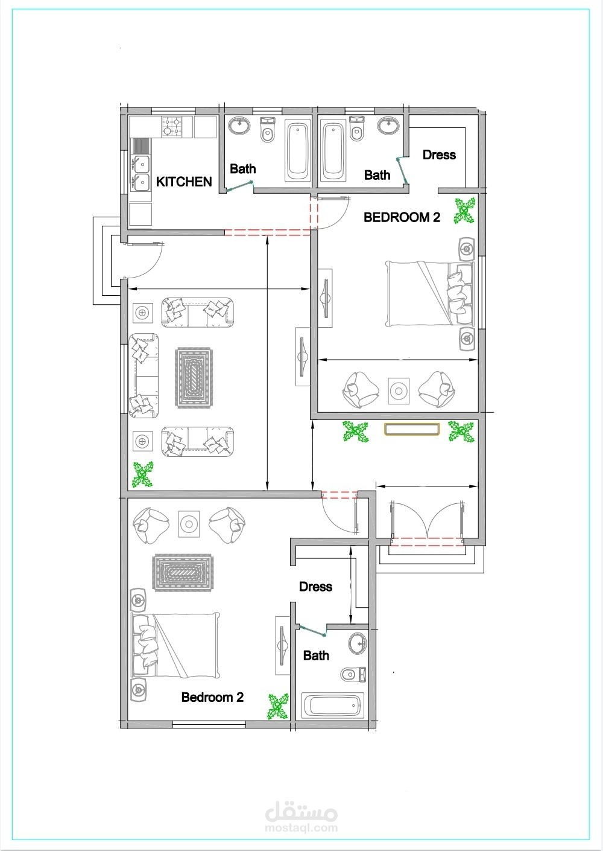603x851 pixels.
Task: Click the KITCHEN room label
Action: point(184,182)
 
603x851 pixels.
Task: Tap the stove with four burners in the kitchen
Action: point(172,127)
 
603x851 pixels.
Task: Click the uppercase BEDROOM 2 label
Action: point(402,217)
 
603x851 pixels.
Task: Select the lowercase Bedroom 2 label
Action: point(212,697)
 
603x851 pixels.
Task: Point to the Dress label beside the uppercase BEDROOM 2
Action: point(439,155)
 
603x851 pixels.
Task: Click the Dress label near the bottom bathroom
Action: point(315,587)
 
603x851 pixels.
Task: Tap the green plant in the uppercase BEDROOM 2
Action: point(464,211)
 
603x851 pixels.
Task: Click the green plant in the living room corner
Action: point(143,474)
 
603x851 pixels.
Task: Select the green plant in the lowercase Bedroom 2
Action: point(279,707)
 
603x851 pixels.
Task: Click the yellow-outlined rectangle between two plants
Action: point(412,429)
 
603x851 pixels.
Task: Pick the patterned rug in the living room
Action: point(193,378)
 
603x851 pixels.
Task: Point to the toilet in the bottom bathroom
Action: point(353,674)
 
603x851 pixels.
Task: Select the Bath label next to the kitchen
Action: point(243,168)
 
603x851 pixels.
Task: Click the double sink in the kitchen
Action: point(140,173)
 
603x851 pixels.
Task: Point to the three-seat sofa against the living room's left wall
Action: point(143,376)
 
